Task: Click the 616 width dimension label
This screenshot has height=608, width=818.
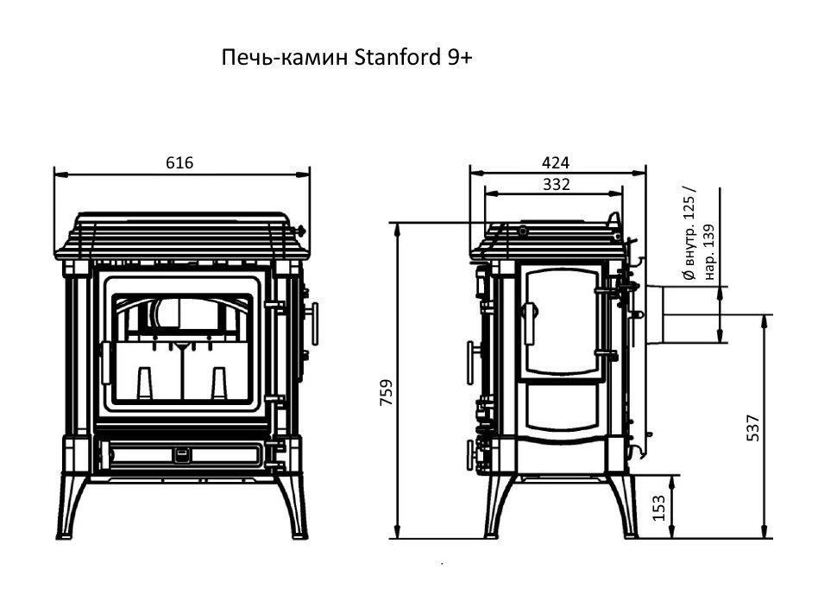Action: [x=179, y=162]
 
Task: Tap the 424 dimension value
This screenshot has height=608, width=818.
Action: [x=557, y=162]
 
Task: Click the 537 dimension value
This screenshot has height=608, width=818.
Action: [x=752, y=427]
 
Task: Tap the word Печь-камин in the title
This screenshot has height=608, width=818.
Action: [x=285, y=59]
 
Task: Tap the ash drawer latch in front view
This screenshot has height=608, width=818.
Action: [x=182, y=453]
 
